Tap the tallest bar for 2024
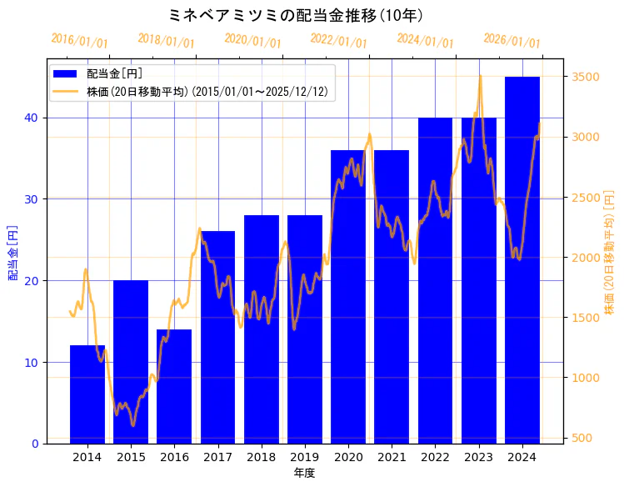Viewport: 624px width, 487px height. [522, 259]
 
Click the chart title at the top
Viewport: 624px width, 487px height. [296, 15]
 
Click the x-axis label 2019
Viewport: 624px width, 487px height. [305, 457]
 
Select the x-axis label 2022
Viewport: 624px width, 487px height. [435, 457]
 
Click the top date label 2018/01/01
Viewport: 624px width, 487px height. [166, 40]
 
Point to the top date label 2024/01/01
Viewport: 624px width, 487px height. [425, 40]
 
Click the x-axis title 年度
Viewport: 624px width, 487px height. [305, 473]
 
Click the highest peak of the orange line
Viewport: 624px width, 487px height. [480, 76]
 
